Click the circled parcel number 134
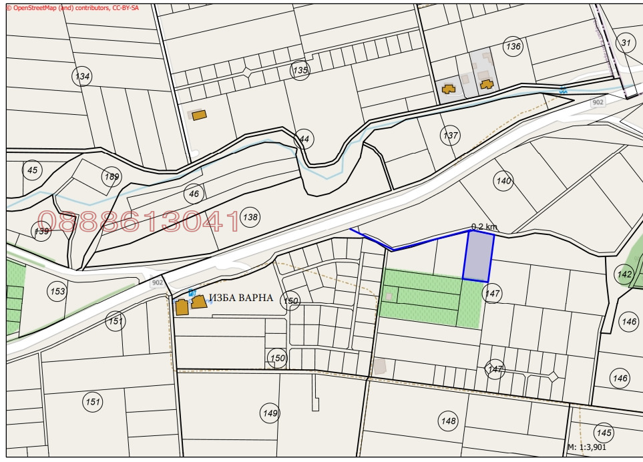click(x=82, y=76)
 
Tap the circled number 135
click(x=300, y=69)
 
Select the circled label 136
click(x=513, y=47)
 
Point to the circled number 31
click(x=626, y=43)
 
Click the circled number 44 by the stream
click(x=304, y=139)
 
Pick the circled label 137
click(x=451, y=136)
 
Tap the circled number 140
click(x=503, y=180)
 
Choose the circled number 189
click(x=112, y=177)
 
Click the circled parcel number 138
click(x=250, y=217)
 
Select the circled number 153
click(x=58, y=291)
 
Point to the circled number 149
click(x=270, y=413)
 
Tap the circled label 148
click(x=448, y=421)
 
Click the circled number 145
click(x=604, y=431)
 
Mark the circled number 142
click(x=624, y=274)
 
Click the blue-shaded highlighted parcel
click(x=477, y=256)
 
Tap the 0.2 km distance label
click(x=483, y=227)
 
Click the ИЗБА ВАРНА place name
click(x=241, y=298)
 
